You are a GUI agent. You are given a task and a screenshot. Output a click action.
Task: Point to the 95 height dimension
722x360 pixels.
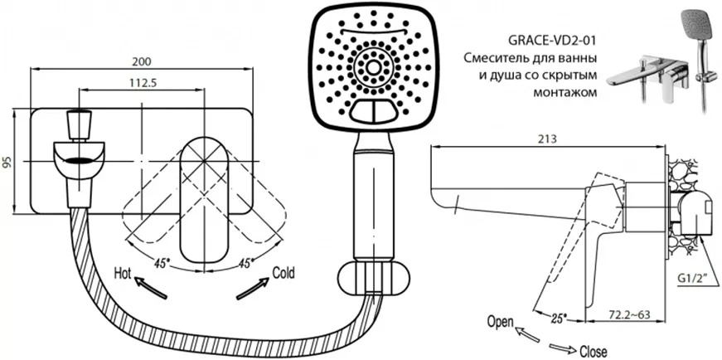tap(7, 161)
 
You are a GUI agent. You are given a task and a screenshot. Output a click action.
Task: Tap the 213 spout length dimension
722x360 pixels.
tap(547, 139)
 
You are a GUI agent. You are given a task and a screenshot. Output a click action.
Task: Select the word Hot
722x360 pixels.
tap(123, 274)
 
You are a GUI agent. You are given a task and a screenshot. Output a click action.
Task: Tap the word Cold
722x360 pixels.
tap(283, 272)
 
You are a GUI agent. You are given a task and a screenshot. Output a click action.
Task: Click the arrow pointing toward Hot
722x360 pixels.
tap(151, 288)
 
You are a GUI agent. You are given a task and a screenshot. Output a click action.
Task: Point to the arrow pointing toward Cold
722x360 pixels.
tap(253, 289)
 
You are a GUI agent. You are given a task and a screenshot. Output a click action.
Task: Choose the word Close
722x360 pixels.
tap(594, 351)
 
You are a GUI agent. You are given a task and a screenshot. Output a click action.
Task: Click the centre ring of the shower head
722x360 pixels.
tap(373, 68)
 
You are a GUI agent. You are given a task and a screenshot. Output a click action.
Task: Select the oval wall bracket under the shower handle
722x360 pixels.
tap(373, 280)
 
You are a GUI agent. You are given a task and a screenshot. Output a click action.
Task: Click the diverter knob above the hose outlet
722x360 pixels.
tap(78, 124)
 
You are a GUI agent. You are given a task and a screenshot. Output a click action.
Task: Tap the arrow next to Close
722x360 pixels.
tap(562, 346)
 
